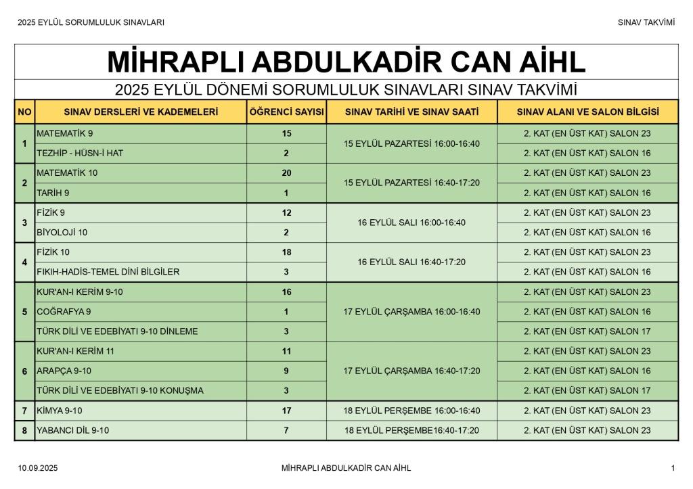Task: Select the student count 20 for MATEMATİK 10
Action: pos(286,173)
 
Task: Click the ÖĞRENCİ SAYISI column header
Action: pos(286,112)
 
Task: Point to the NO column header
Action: pos(24,112)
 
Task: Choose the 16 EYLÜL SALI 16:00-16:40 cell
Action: pos(411,223)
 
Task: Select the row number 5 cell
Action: pos(24,312)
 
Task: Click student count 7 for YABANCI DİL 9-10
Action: pos(286,430)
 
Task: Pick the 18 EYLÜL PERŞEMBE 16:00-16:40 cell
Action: pos(411,411)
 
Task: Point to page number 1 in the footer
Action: pos(673,468)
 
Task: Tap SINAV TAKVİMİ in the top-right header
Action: pos(646,22)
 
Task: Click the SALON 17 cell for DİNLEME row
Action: pos(587,331)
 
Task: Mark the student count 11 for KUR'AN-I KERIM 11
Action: pos(286,351)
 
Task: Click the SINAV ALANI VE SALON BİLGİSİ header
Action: pos(587,112)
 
